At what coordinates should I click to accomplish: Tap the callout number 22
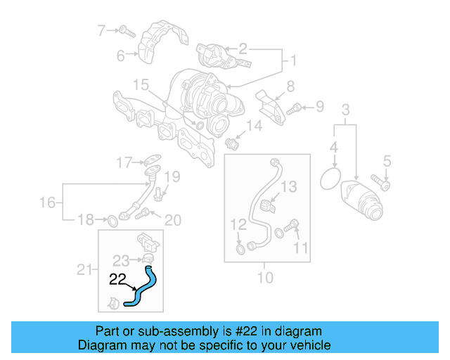pyautogui.click(x=118, y=280)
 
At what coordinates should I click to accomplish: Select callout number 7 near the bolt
pyautogui.click(x=101, y=30)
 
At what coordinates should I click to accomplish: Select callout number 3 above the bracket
pyautogui.click(x=345, y=110)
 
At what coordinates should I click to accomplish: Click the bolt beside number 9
pyautogui.click(x=296, y=108)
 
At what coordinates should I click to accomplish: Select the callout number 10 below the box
pyautogui.click(x=264, y=277)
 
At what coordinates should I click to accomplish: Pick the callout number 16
pyautogui.click(x=47, y=203)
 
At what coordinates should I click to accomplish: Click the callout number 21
pyautogui.click(x=84, y=269)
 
